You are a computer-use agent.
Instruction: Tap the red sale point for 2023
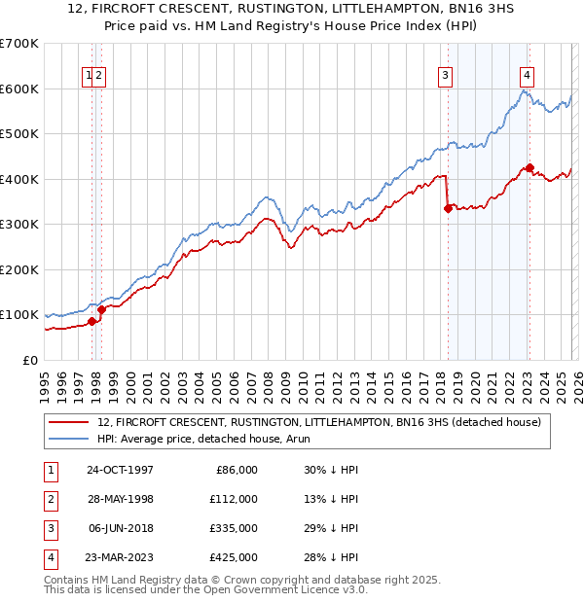(529, 167)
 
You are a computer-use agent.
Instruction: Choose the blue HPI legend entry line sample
(70, 439)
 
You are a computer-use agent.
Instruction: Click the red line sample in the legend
(70, 421)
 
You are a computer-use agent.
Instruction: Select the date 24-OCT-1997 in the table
(120, 470)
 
